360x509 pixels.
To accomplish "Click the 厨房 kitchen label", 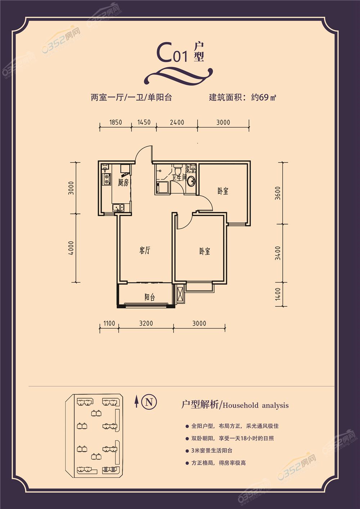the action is click(x=123, y=183).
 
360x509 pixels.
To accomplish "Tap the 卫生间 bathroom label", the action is click(x=179, y=177).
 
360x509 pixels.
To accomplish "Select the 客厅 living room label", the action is click(x=145, y=251).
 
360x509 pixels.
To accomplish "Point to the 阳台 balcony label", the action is click(x=150, y=297).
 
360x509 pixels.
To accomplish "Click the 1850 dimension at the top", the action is click(x=116, y=122).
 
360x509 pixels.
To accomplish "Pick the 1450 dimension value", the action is click(x=144, y=122).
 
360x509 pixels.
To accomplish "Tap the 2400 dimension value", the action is click(x=177, y=122).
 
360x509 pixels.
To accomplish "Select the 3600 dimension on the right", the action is click(x=278, y=193).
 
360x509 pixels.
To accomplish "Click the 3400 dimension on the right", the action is click(x=278, y=253).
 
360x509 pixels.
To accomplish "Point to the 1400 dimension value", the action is click(x=278, y=294).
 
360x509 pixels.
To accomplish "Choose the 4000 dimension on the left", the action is click(x=71, y=248).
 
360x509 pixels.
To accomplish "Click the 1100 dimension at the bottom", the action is click(x=109, y=323).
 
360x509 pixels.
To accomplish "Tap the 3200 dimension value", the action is click(x=146, y=323).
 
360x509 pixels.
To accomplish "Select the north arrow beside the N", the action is click(x=136, y=401).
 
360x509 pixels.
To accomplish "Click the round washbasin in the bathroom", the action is click(x=191, y=181).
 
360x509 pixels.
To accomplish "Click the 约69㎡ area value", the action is click(x=264, y=98).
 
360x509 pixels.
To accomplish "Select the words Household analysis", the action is click(x=256, y=406).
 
